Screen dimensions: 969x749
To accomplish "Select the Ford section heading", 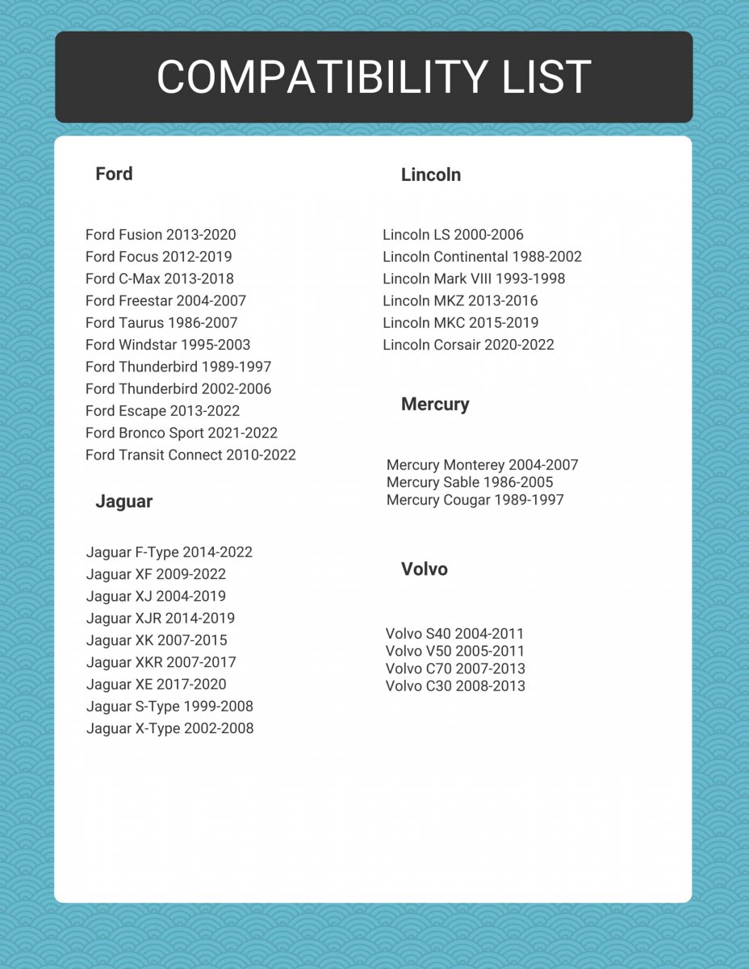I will (x=114, y=174).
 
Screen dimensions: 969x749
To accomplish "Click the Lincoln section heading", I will (x=431, y=174).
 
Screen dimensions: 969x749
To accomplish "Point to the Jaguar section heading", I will (x=123, y=501).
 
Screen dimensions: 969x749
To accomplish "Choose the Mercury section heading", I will (x=435, y=404).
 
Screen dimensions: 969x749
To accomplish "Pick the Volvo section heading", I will (x=425, y=569).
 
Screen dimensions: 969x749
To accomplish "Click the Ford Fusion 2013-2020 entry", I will (x=161, y=235).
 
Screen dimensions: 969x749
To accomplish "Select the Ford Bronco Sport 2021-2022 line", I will (x=182, y=433).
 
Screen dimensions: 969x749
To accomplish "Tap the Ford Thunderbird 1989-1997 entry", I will (x=178, y=367).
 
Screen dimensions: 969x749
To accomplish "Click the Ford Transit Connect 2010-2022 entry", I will (x=190, y=455).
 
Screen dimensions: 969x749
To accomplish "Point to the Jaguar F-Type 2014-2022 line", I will (x=169, y=552).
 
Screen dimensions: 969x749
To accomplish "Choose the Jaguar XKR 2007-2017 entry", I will (x=161, y=662).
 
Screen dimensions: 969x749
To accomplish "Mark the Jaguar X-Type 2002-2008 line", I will (x=170, y=728).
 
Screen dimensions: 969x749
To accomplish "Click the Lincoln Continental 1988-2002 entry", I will (x=482, y=257).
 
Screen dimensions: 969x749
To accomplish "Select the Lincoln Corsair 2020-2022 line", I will (x=468, y=345).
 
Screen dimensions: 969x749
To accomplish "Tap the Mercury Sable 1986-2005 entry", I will (x=470, y=482).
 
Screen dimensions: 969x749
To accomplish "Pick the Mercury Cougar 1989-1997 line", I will (x=475, y=500).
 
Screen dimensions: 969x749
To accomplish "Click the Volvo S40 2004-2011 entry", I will (x=455, y=634).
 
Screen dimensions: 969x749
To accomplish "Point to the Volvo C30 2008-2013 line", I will (x=455, y=686).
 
